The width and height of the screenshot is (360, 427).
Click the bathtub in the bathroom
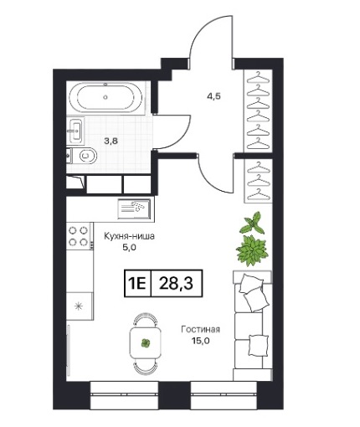coord(105,97)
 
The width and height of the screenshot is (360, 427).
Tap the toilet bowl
coord(86,156)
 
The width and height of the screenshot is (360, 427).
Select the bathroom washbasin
coord(75,131)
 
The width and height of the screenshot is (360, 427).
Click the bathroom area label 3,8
coord(111,141)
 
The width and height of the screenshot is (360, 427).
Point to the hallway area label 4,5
coord(213,96)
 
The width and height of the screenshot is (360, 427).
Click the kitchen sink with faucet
coord(134,208)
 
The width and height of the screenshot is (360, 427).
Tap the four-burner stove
coord(79,236)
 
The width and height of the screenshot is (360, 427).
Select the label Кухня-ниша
coord(129,236)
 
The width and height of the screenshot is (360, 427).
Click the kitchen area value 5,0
coord(129,247)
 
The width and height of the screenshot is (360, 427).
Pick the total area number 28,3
coord(176,283)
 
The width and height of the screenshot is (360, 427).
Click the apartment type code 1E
coord(137,284)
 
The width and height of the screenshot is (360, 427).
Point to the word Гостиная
coord(200,329)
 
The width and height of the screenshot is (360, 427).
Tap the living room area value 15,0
coord(200,341)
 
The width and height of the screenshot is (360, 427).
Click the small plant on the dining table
coord(146,343)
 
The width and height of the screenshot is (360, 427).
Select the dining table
coord(146,343)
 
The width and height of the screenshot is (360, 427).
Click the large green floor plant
coord(252,250)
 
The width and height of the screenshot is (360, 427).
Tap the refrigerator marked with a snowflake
coord(80,306)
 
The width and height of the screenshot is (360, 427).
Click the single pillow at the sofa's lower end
coord(258,344)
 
